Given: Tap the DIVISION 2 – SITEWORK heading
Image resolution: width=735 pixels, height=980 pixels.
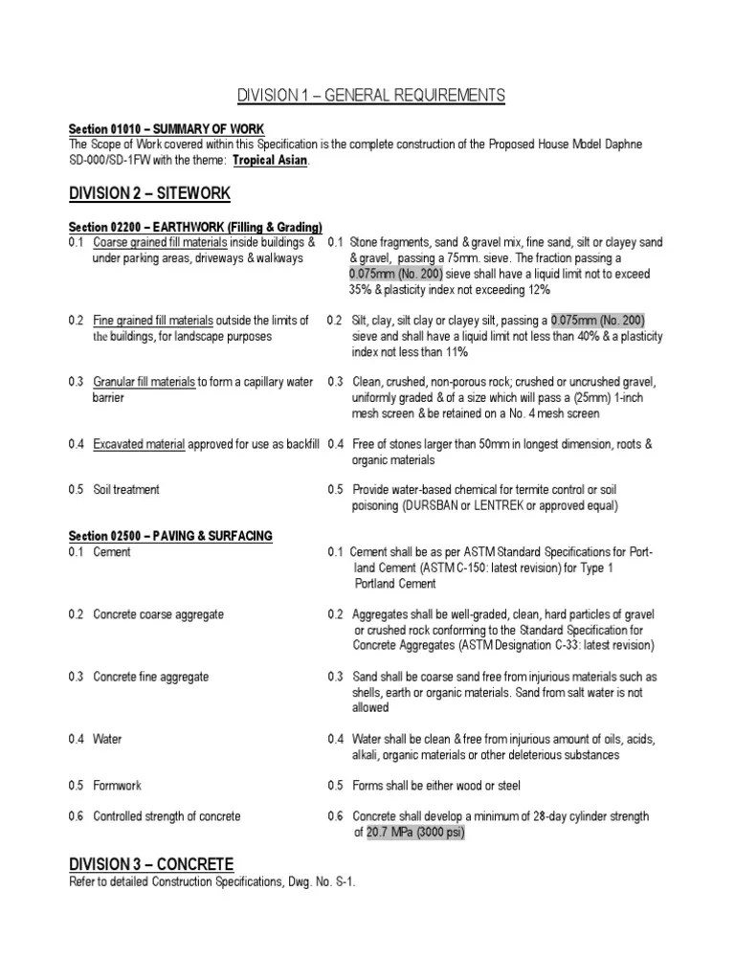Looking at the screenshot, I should tap(149, 193).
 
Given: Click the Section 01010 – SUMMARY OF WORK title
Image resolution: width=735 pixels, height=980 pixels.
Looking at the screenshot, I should tap(167, 128).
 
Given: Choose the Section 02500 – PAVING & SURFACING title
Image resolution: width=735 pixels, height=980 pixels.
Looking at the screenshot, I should tap(170, 536).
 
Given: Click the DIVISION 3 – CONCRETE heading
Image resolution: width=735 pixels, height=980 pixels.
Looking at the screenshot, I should tap(151, 863).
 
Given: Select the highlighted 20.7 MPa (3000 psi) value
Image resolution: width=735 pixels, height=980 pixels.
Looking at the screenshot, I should tap(416, 833).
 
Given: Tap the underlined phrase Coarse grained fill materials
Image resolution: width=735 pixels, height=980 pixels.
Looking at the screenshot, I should tap(153, 243).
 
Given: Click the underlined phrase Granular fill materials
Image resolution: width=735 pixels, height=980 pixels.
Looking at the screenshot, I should tap(144, 382).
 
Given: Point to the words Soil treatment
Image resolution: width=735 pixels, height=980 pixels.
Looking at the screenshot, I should tap(126, 490).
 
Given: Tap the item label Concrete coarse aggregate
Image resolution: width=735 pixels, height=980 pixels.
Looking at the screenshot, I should tap(158, 614).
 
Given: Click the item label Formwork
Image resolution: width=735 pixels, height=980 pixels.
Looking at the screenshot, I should tap(117, 786).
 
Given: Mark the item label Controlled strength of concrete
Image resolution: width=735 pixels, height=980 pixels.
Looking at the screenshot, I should tap(167, 816).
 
